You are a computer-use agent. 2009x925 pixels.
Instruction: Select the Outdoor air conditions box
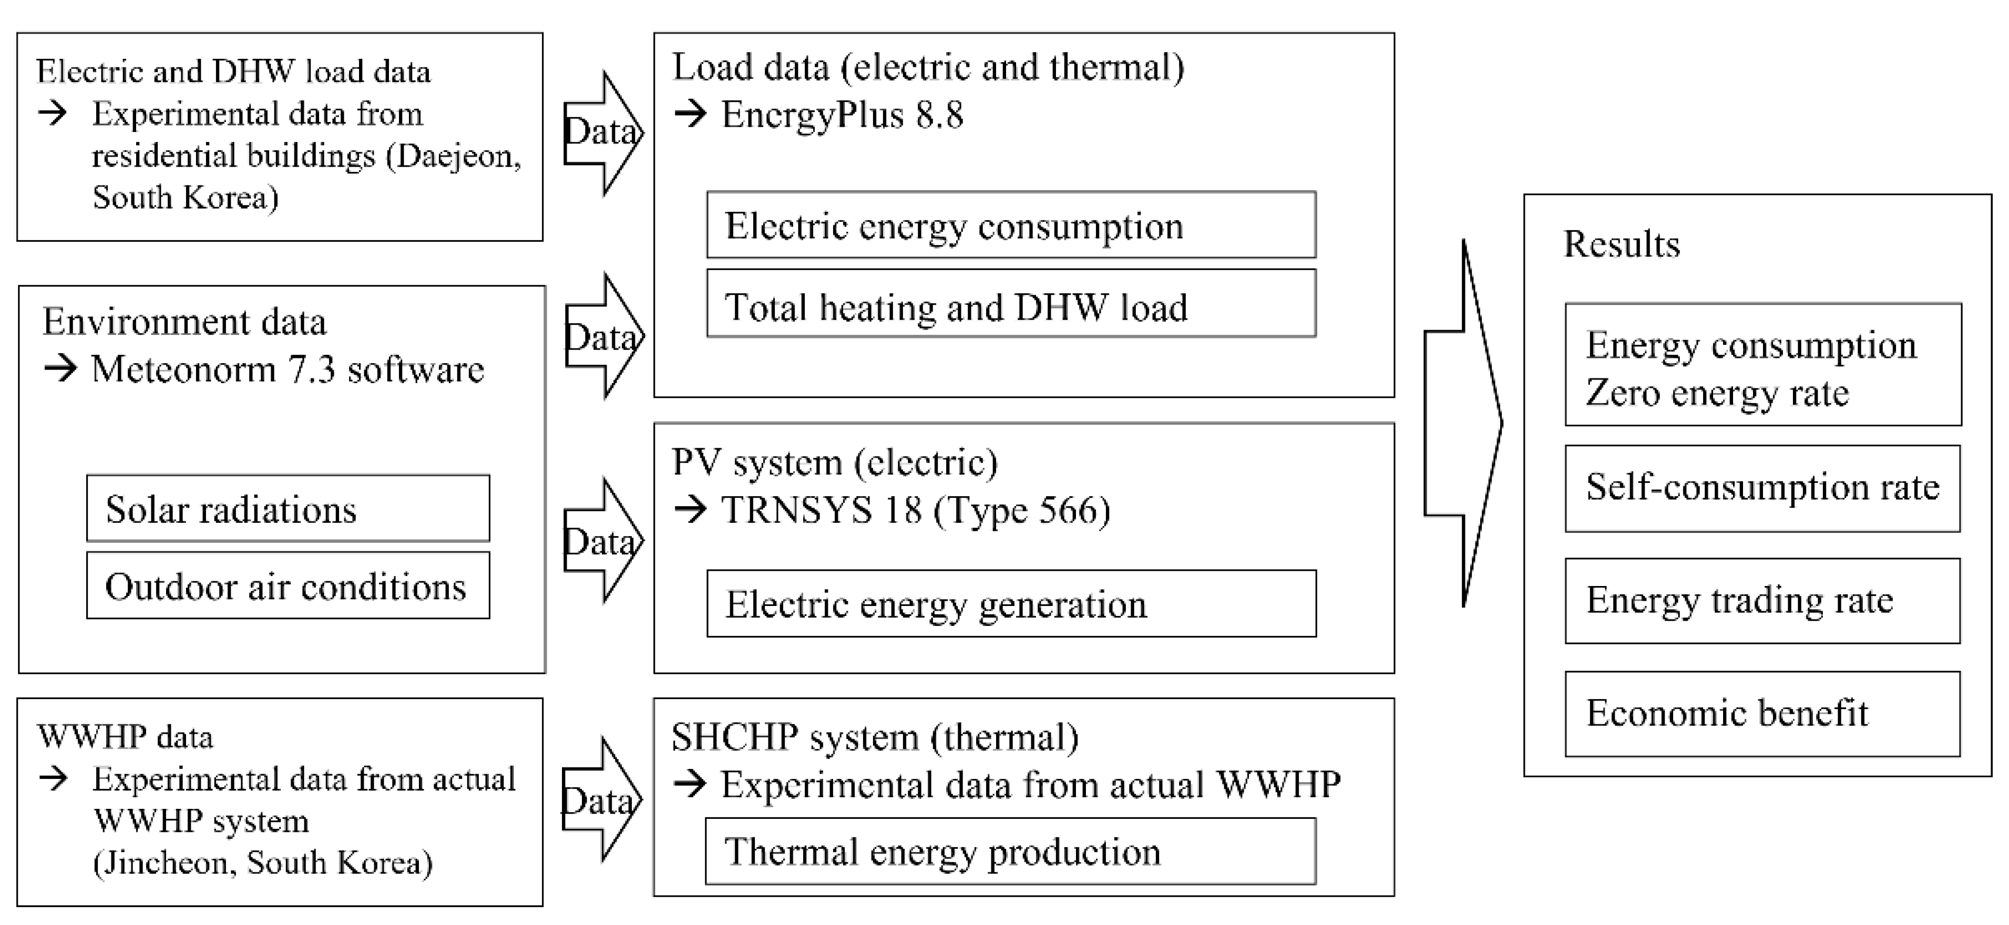pos(288,585)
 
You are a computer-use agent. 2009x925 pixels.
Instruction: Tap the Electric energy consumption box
pos(1011,225)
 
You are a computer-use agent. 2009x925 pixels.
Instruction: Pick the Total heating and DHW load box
pos(1011,305)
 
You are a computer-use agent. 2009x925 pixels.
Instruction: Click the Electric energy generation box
pos(1011,604)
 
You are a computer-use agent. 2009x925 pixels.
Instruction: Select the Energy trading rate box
pos(1762,601)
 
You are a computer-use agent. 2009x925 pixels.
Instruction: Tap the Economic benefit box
pos(1762,713)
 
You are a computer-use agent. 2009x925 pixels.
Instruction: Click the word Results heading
pos(1622,244)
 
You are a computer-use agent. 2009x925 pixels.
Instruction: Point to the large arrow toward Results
pos(1462,424)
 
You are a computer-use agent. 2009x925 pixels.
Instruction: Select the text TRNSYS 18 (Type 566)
pos(916,510)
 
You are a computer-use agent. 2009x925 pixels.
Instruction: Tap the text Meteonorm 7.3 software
pos(287,369)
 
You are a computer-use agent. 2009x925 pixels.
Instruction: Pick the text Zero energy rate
pos(1717,392)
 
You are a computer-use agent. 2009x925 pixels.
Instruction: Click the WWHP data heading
pos(125,736)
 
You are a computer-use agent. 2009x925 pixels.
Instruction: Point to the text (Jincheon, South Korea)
pos(262,862)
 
